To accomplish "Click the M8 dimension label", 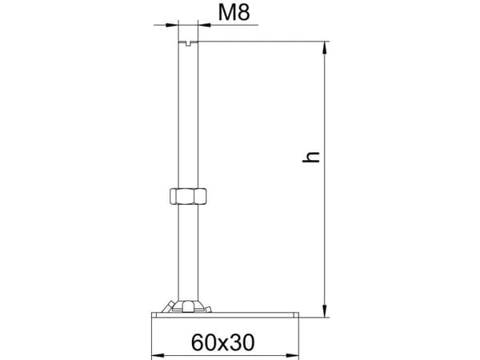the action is pos(234,13).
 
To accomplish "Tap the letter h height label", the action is pos(311,156).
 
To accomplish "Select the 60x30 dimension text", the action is pos(222,342).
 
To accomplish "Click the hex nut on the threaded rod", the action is pos(188,196).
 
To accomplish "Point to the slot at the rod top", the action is pos(188,43).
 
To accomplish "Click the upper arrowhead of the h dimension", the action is pos(325,48).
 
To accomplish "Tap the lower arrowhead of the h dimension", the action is pos(325,310).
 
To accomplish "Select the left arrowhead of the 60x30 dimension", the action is pos(158,356).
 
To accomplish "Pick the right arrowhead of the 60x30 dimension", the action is pos(292,356).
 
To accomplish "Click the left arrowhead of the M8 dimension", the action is pos(172,25).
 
